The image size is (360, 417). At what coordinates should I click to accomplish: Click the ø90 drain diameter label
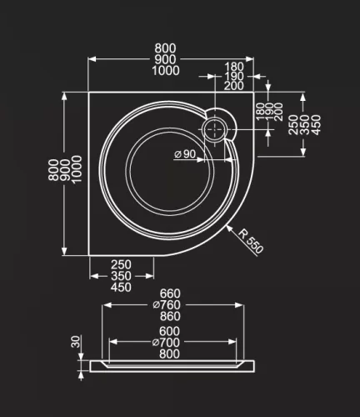185,153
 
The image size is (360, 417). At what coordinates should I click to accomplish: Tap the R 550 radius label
251,242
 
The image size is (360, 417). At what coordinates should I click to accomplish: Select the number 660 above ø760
170,294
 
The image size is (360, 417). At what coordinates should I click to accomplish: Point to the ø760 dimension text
167,305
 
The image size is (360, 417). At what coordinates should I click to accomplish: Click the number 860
170,316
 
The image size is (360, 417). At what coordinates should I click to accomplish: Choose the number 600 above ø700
169,331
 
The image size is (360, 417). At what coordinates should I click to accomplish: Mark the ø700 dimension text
166,343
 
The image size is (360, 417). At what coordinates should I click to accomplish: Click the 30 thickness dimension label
76,341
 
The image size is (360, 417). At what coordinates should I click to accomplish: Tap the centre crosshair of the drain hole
215,129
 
